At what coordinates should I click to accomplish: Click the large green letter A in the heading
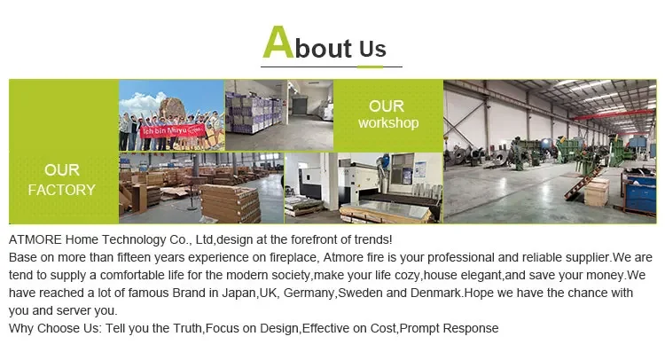tap(278, 42)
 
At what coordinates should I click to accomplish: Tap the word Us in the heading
tap(372, 49)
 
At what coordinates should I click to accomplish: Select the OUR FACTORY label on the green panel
tap(62, 180)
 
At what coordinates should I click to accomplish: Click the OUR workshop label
tap(388, 114)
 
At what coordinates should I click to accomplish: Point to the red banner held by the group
tap(173, 130)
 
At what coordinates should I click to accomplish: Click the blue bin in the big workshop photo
tap(640, 194)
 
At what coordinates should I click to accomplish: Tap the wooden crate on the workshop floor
tap(597, 192)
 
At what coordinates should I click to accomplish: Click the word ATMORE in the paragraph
tap(35, 240)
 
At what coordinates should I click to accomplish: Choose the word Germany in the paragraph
tap(309, 293)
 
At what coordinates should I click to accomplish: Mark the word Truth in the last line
tap(187, 329)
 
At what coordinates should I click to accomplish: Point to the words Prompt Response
tap(450, 329)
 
